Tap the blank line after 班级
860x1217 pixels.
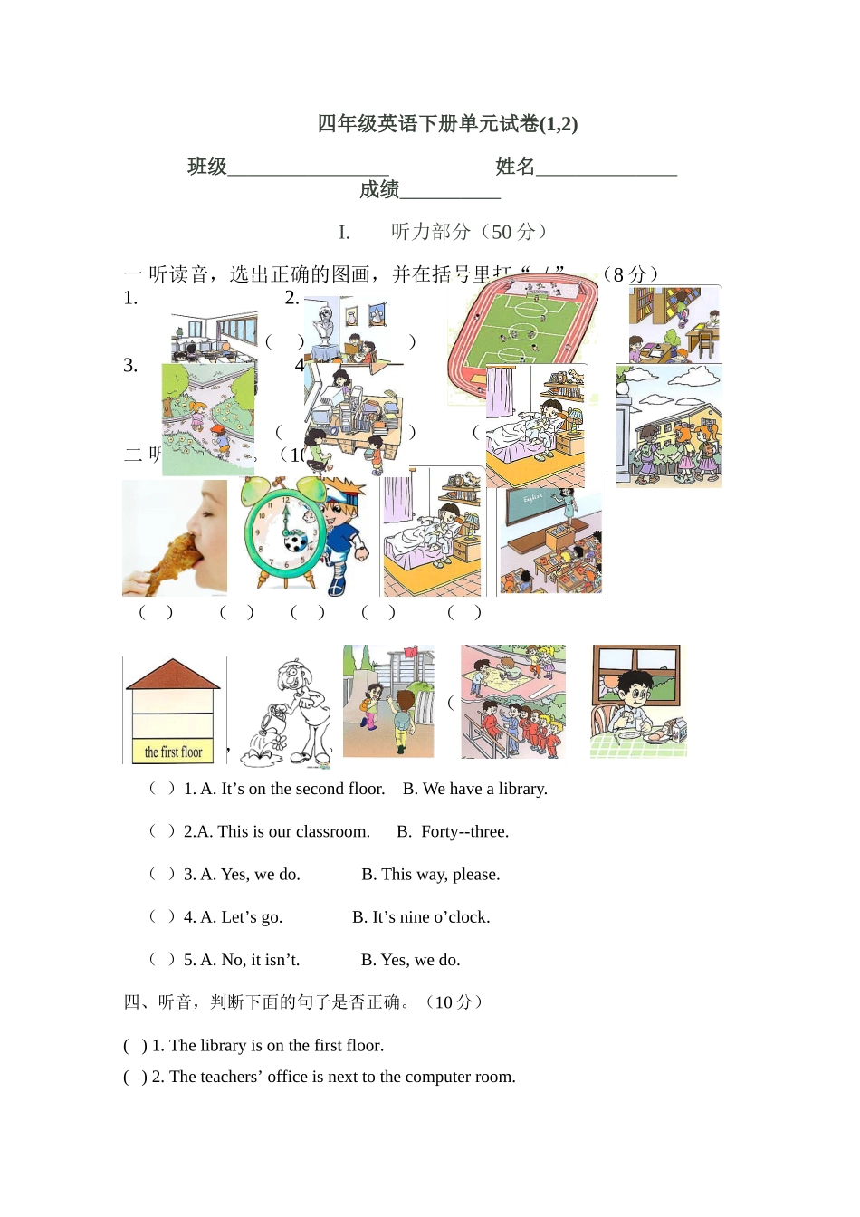click(x=308, y=168)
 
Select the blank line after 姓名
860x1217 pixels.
click(x=606, y=168)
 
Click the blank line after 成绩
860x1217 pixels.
click(x=450, y=191)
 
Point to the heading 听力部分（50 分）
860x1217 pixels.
click(x=469, y=232)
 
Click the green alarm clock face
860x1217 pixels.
click(x=283, y=534)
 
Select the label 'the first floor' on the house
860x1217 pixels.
click(x=173, y=752)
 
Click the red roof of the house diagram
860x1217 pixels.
click(x=173, y=674)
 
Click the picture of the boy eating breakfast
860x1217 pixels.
click(x=638, y=701)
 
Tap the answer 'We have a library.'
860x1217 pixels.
click(x=475, y=789)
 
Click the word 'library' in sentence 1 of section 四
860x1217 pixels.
click(x=223, y=1045)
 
